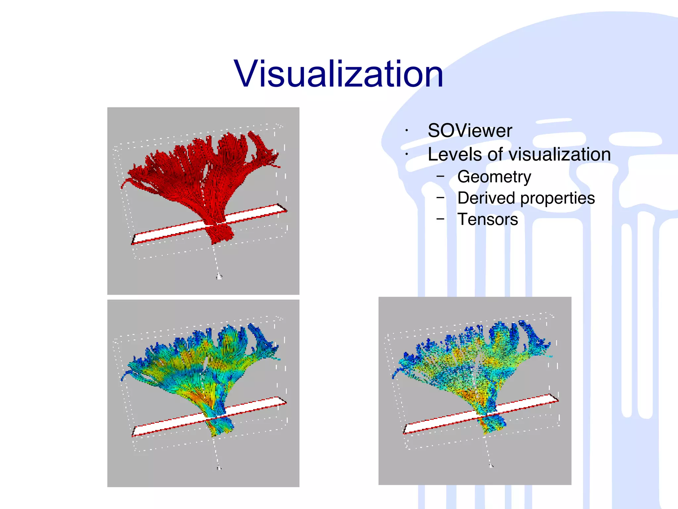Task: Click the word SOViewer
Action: click(x=469, y=131)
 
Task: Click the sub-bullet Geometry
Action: click(x=494, y=177)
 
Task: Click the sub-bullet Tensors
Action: click(x=487, y=219)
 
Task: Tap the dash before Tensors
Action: click(x=440, y=219)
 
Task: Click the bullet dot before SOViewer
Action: click(x=407, y=131)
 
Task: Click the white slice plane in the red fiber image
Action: click(x=252, y=214)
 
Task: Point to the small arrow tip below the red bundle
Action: click(x=219, y=276)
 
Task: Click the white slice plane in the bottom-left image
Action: click(x=252, y=407)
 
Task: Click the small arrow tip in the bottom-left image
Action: click(x=219, y=468)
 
